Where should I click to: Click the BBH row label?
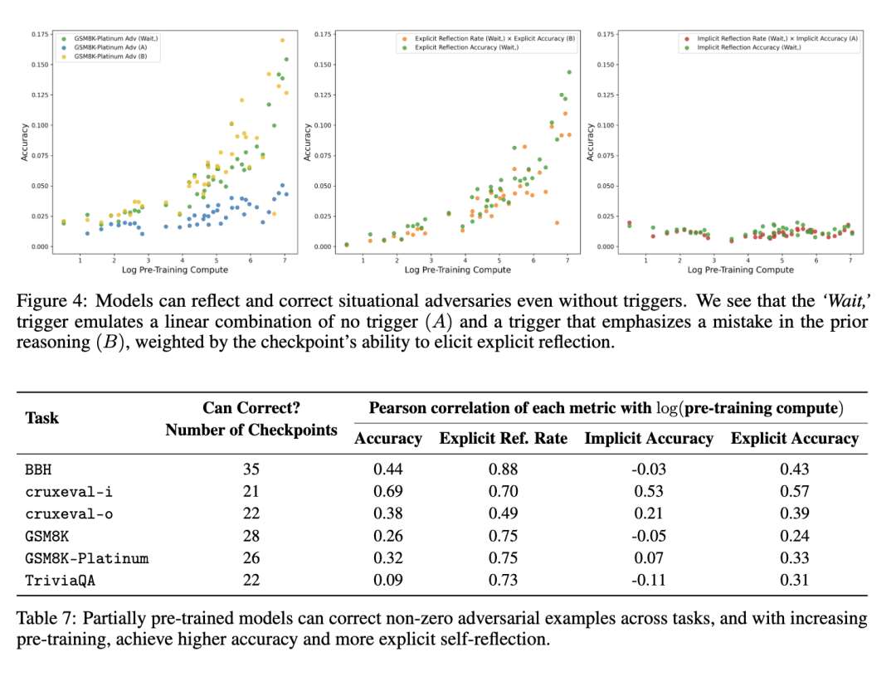38,469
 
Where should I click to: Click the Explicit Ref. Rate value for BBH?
504,469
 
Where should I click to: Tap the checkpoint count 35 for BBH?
251,469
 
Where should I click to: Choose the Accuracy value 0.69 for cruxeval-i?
388,491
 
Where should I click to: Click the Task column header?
41,417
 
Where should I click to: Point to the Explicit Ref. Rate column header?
504,439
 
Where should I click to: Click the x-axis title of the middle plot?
458,270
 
